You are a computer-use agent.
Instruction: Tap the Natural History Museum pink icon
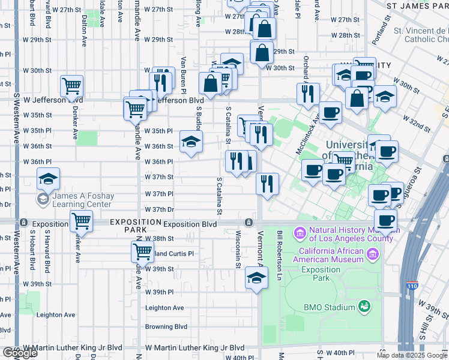click(x=298, y=232)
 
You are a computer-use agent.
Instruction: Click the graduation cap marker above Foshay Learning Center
click(x=48, y=178)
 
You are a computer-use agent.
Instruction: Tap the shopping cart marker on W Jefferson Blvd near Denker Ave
click(x=72, y=87)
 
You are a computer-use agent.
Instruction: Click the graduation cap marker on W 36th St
click(x=191, y=142)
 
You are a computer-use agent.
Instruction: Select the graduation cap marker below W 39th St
click(x=256, y=278)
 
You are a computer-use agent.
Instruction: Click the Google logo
click(x=20, y=353)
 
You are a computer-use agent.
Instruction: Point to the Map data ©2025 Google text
click(x=412, y=355)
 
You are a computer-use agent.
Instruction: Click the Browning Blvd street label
click(x=166, y=327)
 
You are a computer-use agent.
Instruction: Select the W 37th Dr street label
click(x=159, y=209)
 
